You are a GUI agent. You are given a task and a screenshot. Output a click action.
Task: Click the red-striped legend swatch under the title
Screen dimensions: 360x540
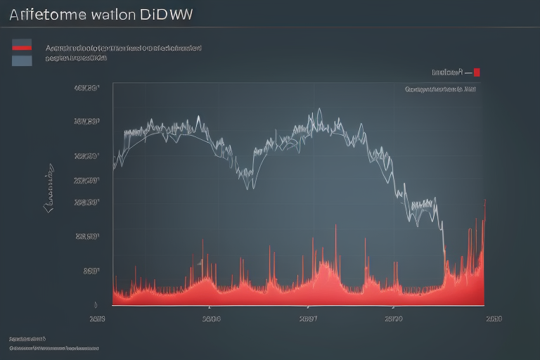[22, 46]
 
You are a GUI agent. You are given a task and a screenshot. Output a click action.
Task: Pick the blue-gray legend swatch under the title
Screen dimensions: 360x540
[22, 60]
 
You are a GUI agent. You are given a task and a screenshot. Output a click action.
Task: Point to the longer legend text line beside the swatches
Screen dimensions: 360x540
[122, 48]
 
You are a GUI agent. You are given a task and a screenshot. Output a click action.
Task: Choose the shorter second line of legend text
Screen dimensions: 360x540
[76, 60]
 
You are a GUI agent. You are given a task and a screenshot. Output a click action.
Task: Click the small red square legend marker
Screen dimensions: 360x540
[477, 72]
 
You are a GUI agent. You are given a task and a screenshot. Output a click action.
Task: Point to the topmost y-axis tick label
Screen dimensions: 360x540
[86, 89]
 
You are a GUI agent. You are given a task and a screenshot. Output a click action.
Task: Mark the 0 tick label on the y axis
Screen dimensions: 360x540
[95, 304]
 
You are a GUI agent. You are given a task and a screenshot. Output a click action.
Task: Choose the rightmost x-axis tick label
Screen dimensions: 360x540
[494, 319]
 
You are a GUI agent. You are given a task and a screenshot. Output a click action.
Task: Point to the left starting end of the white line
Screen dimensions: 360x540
[114, 169]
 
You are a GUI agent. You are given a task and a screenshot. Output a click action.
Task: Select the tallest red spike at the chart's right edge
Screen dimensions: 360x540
[484, 201]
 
